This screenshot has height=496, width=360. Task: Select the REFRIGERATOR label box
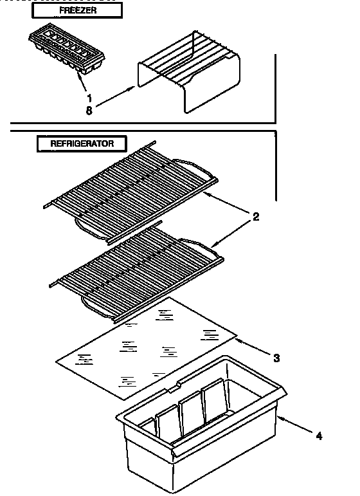coord(81,143)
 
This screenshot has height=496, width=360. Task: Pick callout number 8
coord(89,110)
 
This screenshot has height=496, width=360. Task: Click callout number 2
coord(255,217)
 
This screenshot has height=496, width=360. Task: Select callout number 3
coord(276,357)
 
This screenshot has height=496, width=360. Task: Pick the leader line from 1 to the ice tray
coord(82,82)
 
